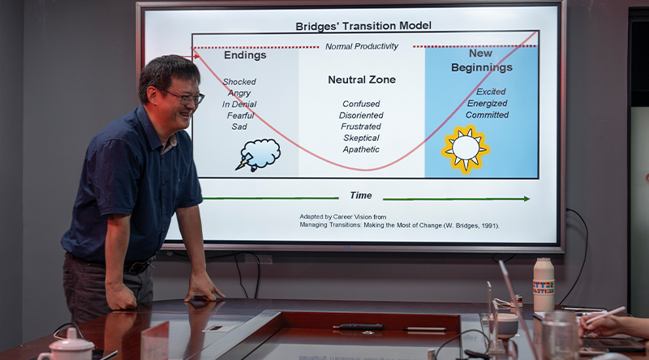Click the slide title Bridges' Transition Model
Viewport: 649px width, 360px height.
[x=363, y=26]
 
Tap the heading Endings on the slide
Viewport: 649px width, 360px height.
[x=245, y=55]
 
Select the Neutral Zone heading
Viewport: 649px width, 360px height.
[x=362, y=79]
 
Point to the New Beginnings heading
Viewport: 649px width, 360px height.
[x=482, y=61]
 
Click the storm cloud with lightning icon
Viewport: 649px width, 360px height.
[x=258, y=155]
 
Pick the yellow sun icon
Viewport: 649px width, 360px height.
[x=466, y=149]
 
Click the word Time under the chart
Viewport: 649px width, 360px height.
[x=361, y=195]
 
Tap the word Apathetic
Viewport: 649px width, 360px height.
[x=361, y=149]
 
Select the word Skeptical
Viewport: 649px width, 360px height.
[x=361, y=138]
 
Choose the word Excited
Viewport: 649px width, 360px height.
[x=491, y=92]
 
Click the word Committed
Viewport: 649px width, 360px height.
[x=488, y=114]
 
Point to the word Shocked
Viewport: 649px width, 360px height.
[x=239, y=82]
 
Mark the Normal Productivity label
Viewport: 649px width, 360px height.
[x=362, y=46]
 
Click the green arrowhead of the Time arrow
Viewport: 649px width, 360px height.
[x=527, y=199]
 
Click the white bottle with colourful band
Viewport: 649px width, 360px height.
[x=544, y=285]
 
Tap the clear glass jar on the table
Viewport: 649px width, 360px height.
[x=560, y=336]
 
